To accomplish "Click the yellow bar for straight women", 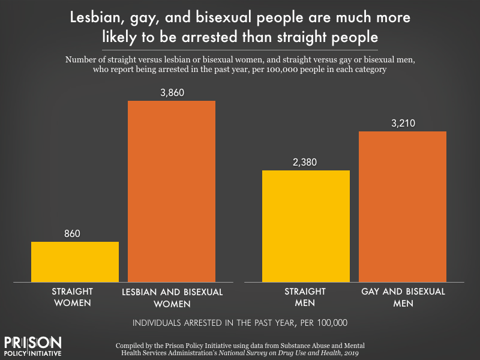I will (x=75, y=262).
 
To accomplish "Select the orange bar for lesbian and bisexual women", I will (x=172, y=191).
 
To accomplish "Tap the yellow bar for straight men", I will (x=306, y=226).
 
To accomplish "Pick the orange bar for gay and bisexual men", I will (x=403, y=206).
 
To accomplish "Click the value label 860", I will (x=75, y=233).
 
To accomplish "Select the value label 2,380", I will (x=306, y=162).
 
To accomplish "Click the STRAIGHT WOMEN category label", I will (x=70, y=297).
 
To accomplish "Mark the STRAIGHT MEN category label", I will (x=305, y=297).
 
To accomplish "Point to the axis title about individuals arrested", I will (x=240, y=323).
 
